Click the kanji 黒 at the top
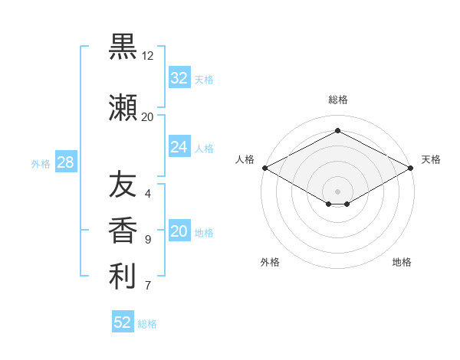click(x=123, y=47)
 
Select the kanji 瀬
click(x=123, y=107)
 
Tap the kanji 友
click(x=123, y=184)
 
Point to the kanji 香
click(x=123, y=230)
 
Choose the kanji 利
click(x=123, y=277)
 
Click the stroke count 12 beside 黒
click(x=147, y=56)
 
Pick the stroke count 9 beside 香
click(x=148, y=240)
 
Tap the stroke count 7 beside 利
click(x=148, y=285)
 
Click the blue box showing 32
click(x=180, y=77)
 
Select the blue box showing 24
click(x=180, y=146)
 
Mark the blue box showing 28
click(x=66, y=162)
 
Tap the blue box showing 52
click(x=123, y=321)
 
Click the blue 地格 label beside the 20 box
click(x=204, y=233)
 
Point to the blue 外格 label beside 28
click(x=41, y=164)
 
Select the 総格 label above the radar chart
click(x=338, y=100)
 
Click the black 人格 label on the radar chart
click(x=245, y=159)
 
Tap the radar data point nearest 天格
click(x=411, y=168)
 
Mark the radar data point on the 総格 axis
click(x=337, y=130)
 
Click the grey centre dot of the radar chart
click(x=337, y=191)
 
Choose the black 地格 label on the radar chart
click(x=402, y=262)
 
